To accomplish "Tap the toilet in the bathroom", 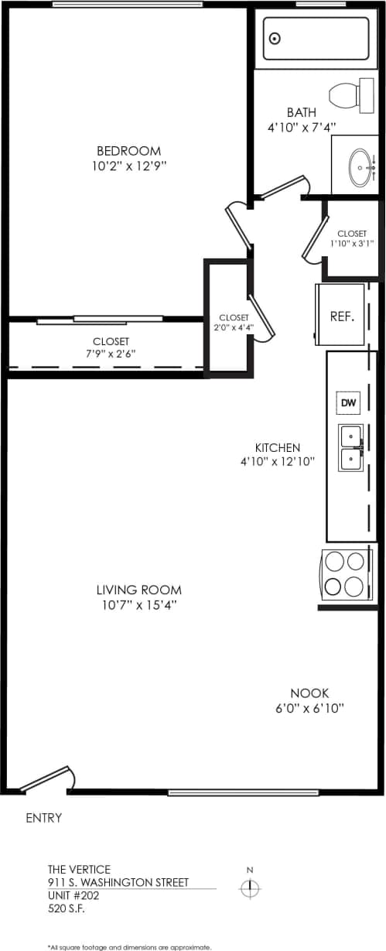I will (x=347, y=96).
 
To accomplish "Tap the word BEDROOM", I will (x=128, y=151).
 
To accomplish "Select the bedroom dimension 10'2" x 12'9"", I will (x=128, y=166).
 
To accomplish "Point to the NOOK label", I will (x=304, y=693).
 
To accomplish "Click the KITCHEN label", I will (x=278, y=447).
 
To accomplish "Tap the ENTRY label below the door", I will (x=44, y=817).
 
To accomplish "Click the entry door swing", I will (x=48, y=778).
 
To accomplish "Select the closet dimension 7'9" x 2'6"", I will (x=111, y=354).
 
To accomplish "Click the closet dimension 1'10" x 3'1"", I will (x=352, y=243).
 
